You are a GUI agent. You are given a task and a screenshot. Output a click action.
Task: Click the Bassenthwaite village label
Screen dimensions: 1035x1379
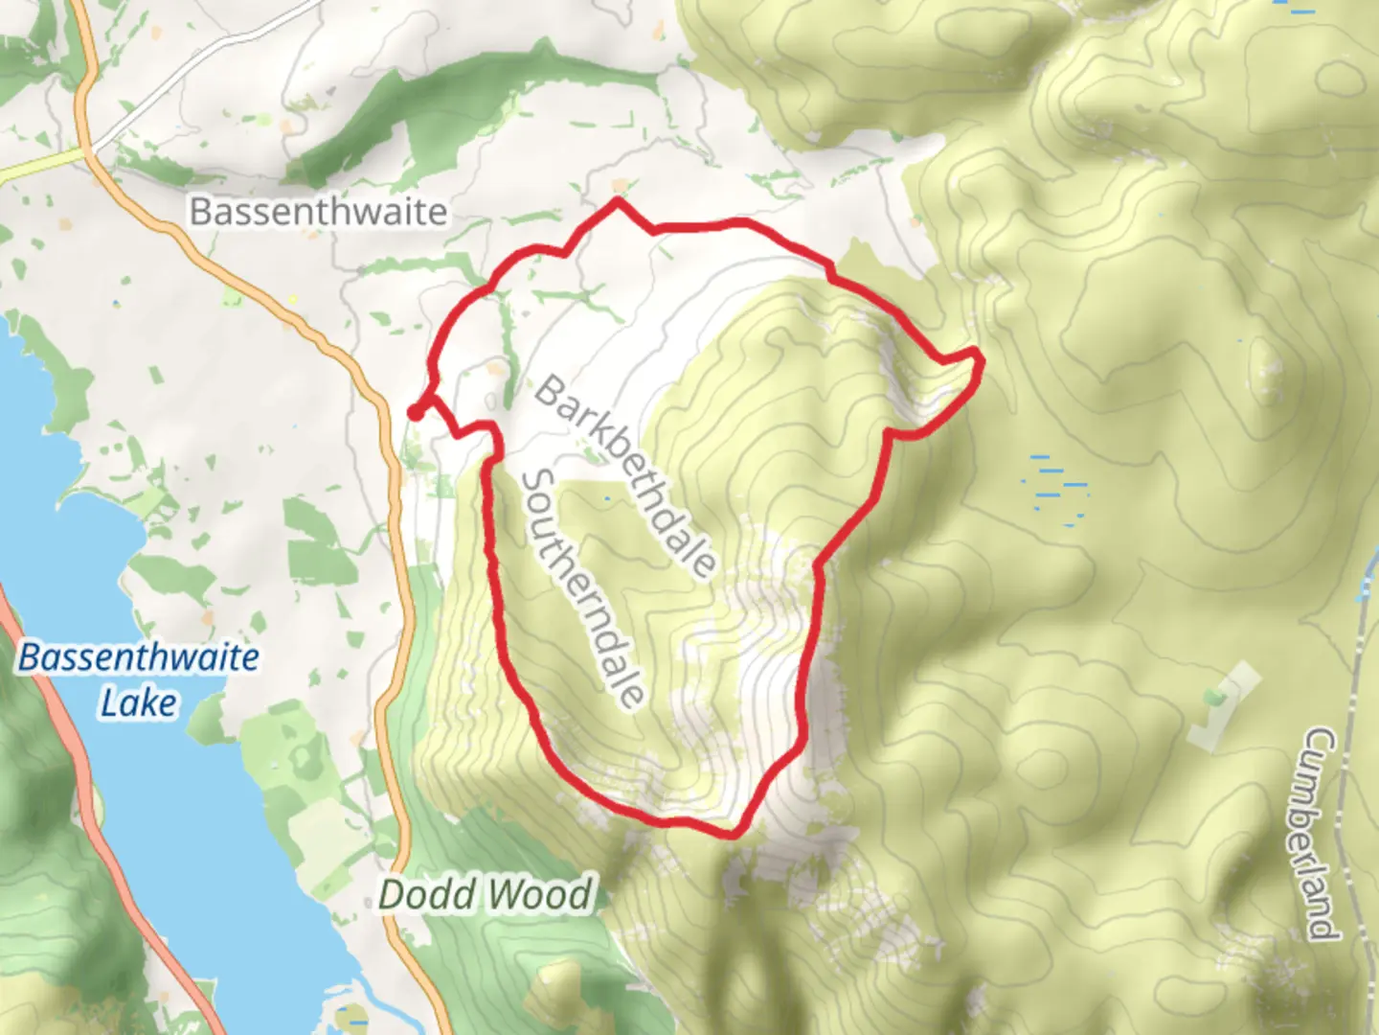(318, 212)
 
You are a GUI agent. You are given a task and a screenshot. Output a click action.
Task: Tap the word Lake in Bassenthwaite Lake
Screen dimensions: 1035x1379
(139, 702)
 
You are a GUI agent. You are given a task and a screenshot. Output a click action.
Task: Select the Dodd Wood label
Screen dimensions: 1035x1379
(486, 895)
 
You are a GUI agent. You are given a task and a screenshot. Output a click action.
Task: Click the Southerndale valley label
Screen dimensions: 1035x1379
(582, 587)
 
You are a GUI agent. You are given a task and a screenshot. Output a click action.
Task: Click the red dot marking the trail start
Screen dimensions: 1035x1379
(416, 412)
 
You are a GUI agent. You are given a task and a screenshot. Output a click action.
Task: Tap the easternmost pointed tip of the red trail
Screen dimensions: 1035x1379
(978, 356)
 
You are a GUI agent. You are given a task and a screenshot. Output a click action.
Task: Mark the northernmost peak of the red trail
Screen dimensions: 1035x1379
(619, 201)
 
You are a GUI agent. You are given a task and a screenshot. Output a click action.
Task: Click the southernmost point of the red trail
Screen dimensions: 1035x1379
(733, 833)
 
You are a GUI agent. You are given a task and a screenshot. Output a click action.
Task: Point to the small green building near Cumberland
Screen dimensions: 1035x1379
(1215, 695)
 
